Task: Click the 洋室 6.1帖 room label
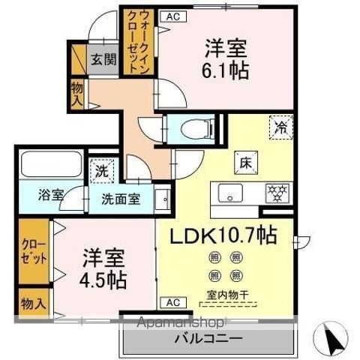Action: [x=224, y=59]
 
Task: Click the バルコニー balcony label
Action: [x=208, y=338]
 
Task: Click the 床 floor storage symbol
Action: [x=245, y=160]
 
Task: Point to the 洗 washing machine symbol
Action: [x=101, y=170]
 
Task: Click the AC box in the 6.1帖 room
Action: [x=172, y=16]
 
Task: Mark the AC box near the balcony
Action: [x=172, y=302]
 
